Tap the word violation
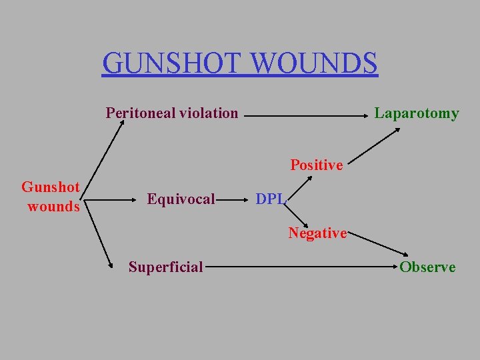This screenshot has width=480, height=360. pyautogui.click(x=207, y=113)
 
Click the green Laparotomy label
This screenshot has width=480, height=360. pyautogui.click(x=417, y=113)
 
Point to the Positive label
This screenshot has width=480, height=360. pyautogui.click(x=317, y=165)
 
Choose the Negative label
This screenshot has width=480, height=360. pyautogui.click(x=317, y=233)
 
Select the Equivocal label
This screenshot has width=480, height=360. pyautogui.click(x=181, y=199)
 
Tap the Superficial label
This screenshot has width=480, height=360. pyautogui.click(x=166, y=267)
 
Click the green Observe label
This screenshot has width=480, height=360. pyautogui.click(x=427, y=267)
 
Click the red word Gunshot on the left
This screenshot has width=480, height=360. pyautogui.click(x=51, y=187)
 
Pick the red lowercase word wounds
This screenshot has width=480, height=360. pyautogui.click(x=53, y=207)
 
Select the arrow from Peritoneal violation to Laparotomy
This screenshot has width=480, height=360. pyautogui.click(x=307, y=117)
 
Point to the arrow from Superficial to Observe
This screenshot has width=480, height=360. pyautogui.click(x=300, y=267)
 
